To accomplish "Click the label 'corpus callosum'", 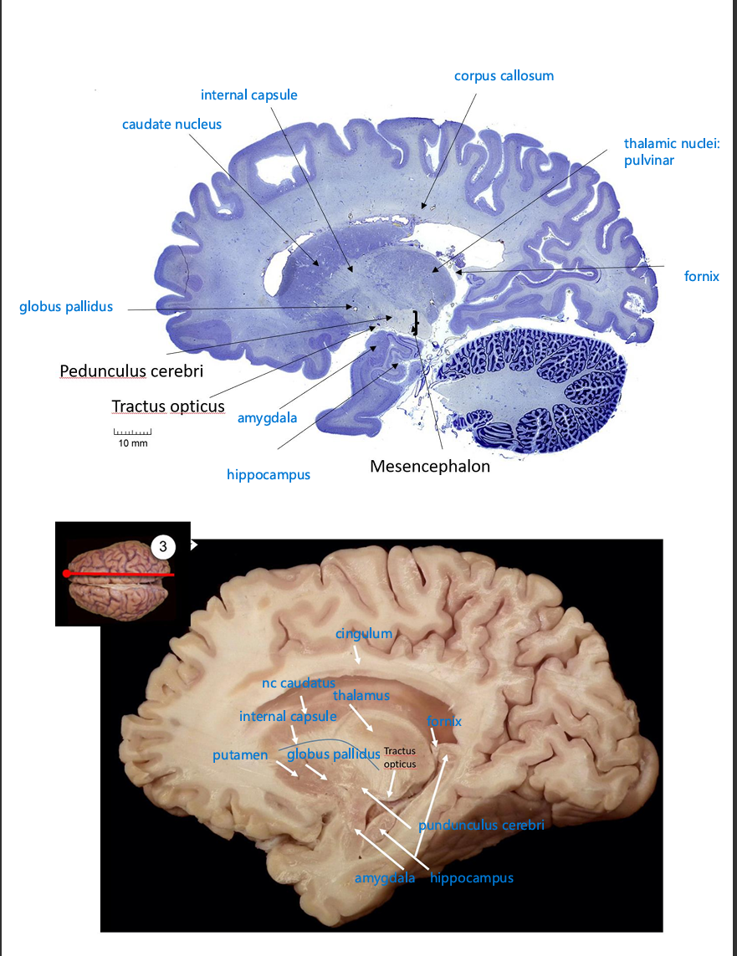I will [x=504, y=76].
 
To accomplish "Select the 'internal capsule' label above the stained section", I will [x=248, y=95].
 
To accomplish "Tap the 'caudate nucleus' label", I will [x=171, y=125].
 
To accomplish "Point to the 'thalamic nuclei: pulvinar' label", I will [x=671, y=152].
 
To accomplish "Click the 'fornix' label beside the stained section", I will [x=701, y=276].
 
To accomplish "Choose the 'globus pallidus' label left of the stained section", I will [x=66, y=307].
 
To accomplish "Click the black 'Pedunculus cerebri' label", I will [x=131, y=371].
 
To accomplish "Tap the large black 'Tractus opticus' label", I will [x=168, y=406].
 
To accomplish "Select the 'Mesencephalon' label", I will [x=430, y=467].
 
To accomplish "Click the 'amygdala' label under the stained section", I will [x=267, y=417].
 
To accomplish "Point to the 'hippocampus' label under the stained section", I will [x=268, y=475].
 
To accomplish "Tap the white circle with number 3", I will [x=163, y=547].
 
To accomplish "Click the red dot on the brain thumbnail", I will [x=66, y=574].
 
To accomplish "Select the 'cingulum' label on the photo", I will [x=364, y=633].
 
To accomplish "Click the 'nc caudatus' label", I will [x=298, y=683].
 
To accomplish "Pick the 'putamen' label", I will [x=240, y=755].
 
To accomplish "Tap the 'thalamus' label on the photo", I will [x=361, y=696].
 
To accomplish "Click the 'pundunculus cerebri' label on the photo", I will [x=481, y=826].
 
